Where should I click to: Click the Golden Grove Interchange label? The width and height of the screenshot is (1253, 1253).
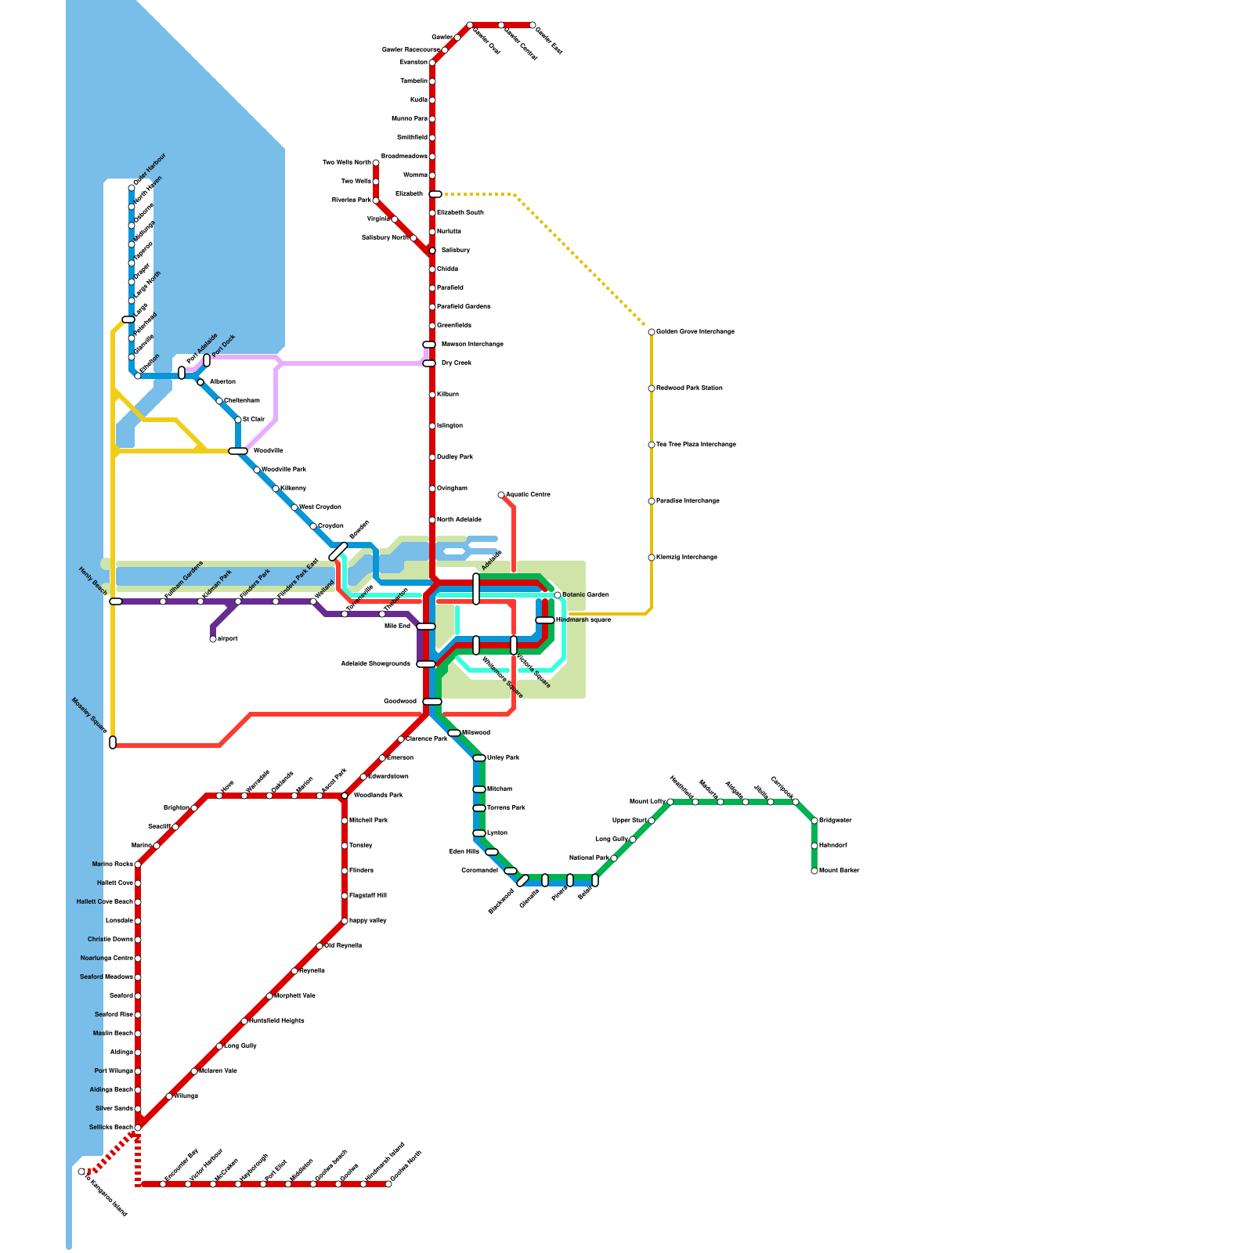[695, 332]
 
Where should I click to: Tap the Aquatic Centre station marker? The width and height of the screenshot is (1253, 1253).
[501, 495]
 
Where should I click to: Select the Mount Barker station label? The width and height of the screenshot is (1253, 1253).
[839, 871]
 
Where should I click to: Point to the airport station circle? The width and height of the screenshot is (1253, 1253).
[213, 639]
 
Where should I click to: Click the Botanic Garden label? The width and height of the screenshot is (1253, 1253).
[585, 595]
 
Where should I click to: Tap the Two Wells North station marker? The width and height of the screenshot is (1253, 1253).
[376, 163]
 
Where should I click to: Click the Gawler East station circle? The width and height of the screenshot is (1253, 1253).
[533, 25]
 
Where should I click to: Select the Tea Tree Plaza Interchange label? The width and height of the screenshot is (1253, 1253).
[695, 445]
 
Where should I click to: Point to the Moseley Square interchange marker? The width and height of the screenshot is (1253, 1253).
[113, 742]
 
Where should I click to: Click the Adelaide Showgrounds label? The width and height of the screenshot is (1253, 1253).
[375, 664]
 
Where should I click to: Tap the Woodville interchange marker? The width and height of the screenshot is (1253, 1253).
[238, 451]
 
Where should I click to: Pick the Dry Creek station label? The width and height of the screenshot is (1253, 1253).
[456, 363]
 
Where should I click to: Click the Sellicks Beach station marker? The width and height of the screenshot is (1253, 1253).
[138, 1128]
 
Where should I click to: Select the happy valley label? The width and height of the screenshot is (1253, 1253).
[367, 921]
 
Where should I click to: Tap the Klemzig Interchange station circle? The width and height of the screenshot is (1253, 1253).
[652, 558]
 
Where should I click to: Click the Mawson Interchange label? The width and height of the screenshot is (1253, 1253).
[471, 345]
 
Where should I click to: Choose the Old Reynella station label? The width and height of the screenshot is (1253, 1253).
[343, 946]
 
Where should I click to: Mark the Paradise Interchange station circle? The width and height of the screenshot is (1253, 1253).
[652, 501]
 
